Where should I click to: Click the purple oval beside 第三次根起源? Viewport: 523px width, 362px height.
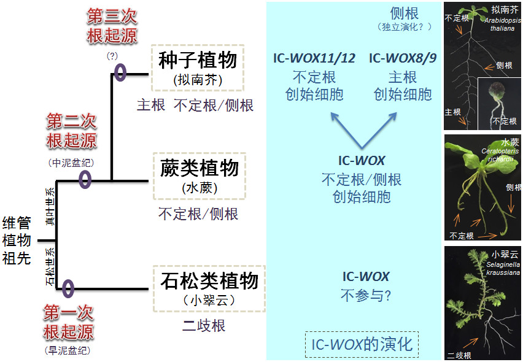pos(120,72)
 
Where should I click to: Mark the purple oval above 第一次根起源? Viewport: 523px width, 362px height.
pos(68,288)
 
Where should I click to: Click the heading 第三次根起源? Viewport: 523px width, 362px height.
pos(112,26)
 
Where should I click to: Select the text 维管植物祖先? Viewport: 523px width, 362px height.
pos(17,240)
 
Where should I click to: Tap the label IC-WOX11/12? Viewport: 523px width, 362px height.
pos(314,59)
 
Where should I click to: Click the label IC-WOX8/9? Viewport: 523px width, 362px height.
pos(403,59)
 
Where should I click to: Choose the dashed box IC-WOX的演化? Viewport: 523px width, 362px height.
pos(362,344)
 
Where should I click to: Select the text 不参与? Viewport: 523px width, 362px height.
pos(366,295)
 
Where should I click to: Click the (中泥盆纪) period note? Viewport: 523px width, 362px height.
pos(71,163)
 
